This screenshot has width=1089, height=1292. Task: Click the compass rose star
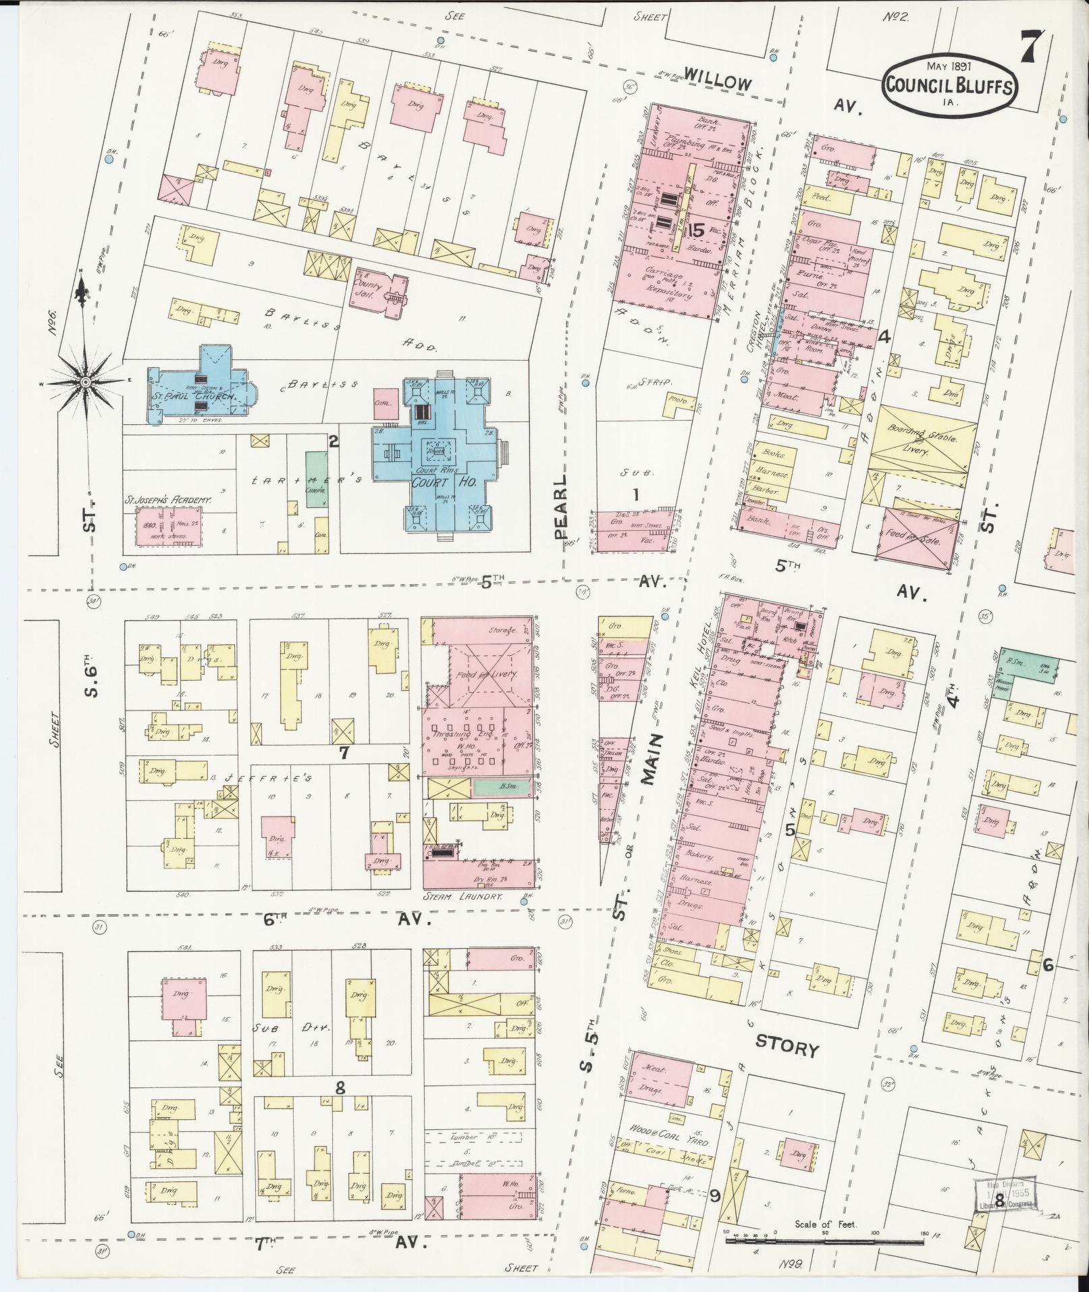86,382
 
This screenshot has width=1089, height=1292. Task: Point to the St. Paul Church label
192,397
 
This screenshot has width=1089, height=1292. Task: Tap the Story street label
787,1049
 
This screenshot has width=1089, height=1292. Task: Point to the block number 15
696,230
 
